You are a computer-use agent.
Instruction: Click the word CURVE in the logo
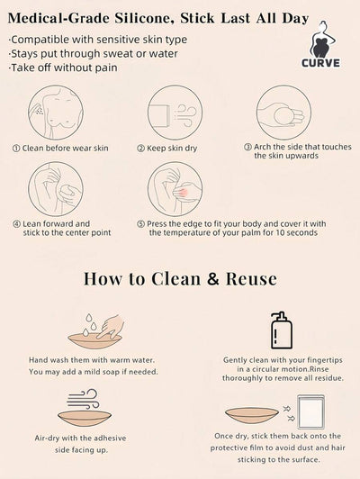(x=320, y=63)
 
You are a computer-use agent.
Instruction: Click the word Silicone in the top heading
(x=144, y=19)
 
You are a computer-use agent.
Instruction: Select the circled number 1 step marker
(x=16, y=149)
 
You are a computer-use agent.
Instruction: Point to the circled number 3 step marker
(x=247, y=148)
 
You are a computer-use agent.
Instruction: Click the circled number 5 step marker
(x=140, y=224)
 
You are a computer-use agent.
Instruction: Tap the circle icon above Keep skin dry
(x=175, y=113)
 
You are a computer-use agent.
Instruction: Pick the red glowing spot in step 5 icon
(x=184, y=193)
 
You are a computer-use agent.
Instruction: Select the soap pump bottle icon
(x=282, y=330)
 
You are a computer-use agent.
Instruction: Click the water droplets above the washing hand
(x=88, y=325)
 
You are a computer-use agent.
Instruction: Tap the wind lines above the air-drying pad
(x=83, y=399)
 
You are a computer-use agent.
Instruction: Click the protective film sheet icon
(x=310, y=411)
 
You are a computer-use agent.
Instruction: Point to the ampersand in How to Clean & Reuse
(x=213, y=278)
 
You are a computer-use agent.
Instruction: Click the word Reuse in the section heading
(x=251, y=278)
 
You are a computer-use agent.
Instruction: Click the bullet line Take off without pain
(x=63, y=68)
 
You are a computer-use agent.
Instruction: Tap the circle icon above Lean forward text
(x=56, y=188)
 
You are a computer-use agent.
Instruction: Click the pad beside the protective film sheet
(x=252, y=414)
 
